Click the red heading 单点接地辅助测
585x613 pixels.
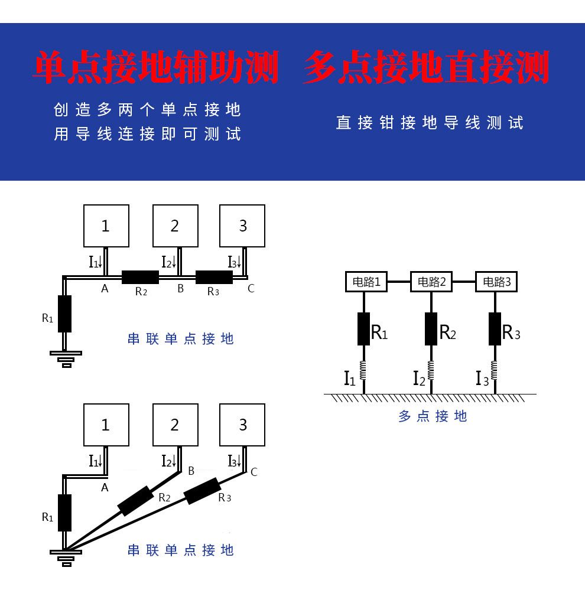[x=156, y=67]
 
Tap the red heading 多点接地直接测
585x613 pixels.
[x=425, y=67]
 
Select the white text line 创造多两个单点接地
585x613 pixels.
[x=148, y=110]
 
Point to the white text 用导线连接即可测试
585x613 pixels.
[x=148, y=135]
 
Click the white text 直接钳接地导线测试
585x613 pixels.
[x=430, y=123]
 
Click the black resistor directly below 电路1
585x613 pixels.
[x=363, y=329]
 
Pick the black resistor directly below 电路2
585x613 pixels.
[x=431, y=329]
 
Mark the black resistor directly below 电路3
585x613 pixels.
[x=495, y=329]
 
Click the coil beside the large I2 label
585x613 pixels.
[x=431, y=371]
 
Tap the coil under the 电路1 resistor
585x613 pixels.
[x=363, y=371]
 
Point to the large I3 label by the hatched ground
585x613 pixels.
[x=482, y=378]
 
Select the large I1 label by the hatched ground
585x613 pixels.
[x=350, y=378]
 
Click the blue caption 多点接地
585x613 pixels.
[x=433, y=416]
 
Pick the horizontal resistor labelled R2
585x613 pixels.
[x=141, y=277]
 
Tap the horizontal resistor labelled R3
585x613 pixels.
[x=214, y=277]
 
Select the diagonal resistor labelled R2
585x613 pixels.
[x=136, y=501]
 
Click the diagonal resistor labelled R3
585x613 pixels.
[x=203, y=491]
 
